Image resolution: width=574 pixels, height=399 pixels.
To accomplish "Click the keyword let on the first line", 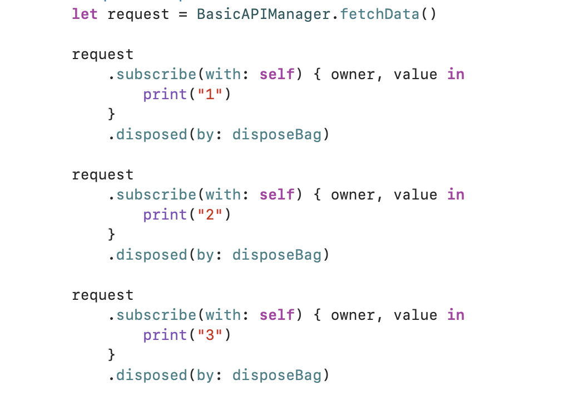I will click(x=85, y=14).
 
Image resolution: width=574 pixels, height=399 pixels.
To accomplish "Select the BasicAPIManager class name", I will click(x=263, y=14).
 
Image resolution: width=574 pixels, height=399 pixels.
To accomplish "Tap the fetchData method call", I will click(x=380, y=14).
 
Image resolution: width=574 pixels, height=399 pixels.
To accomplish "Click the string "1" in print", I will click(x=210, y=95).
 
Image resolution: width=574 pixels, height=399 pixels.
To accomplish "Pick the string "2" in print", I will click(x=210, y=215).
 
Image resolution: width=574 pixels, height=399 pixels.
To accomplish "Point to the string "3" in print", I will click(x=210, y=335).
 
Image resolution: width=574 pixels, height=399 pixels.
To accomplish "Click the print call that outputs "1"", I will click(x=165, y=95).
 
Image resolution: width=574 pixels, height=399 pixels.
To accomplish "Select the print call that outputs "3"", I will click(x=165, y=335).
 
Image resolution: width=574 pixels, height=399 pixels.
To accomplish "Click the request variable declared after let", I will click(x=138, y=14).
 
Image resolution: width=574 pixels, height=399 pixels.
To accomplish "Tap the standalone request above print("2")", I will click(x=103, y=175).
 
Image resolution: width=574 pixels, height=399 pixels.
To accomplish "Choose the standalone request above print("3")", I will click(x=103, y=295).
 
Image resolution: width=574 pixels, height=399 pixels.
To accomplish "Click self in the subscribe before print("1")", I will click(x=276, y=75).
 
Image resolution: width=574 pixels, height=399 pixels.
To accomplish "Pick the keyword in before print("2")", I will click(x=456, y=195).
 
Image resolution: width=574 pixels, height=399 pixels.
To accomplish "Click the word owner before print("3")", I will click(x=353, y=315).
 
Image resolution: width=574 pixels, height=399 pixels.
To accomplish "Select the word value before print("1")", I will click(x=415, y=75).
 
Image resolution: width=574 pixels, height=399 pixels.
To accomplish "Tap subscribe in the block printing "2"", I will click(x=156, y=195).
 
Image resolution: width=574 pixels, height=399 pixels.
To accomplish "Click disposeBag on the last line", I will click(x=276, y=376).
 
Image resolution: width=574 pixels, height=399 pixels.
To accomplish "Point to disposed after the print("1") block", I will click(x=151, y=135).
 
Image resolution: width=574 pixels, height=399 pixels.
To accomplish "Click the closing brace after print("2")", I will click(x=112, y=235).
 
